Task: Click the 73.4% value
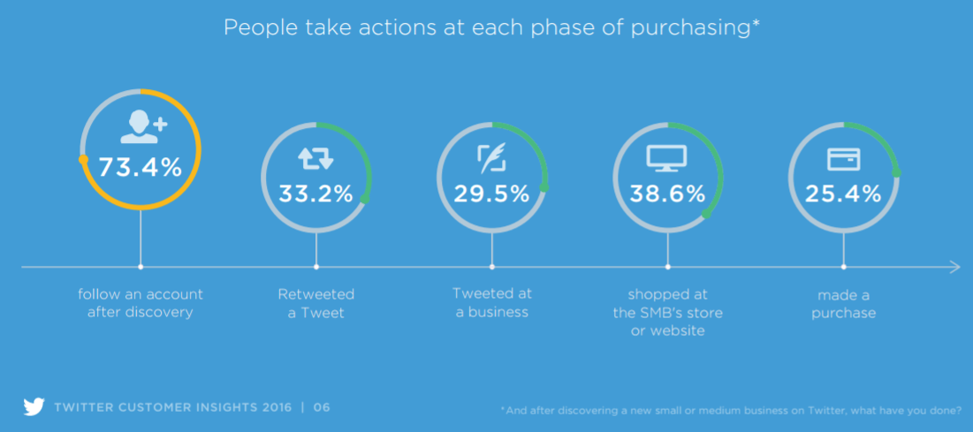pos(141,167)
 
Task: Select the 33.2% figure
pos(315,193)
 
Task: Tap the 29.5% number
pos(491,193)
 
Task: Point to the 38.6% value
pos(667,193)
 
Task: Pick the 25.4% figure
pos(843,193)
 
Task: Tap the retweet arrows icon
pos(315,159)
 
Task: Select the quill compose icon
pos(491,158)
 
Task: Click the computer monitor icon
pos(667,158)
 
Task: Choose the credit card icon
pos(843,159)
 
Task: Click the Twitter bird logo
pos(34,407)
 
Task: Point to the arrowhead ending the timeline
pos(956,267)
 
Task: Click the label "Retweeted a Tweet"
pos(315,303)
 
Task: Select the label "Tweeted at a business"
pos(492,301)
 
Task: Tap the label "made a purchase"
pos(843,303)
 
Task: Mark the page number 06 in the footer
pos(322,408)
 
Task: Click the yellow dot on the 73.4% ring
pos(83,160)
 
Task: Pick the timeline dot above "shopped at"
pos(668,267)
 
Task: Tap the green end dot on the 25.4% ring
pos(896,173)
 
